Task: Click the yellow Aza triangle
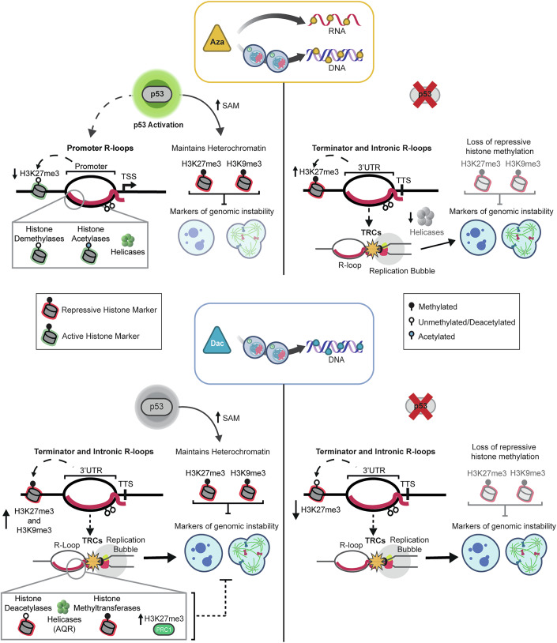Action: point(217,39)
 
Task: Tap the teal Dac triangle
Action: point(217,340)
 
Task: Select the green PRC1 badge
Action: point(164,630)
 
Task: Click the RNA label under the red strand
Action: point(337,31)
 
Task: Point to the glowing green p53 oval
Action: point(157,94)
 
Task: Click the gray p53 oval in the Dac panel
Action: point(156,407)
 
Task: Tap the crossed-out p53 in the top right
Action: point(425,95)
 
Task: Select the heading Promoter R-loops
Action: point(100,148)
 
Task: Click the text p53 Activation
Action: point(158,125)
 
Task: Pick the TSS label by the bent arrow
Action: point(129,176)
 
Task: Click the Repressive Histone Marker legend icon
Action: point(50,308)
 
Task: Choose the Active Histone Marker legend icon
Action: point(50,335)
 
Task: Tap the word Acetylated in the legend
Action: point(436,337)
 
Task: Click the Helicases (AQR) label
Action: point(65,624)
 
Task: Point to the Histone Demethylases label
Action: point(40,234)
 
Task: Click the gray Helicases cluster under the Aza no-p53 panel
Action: point(426,216)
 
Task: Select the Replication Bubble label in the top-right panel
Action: point(402,271)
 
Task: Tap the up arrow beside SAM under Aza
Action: point(218,104)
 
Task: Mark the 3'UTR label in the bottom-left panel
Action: point(91,470)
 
